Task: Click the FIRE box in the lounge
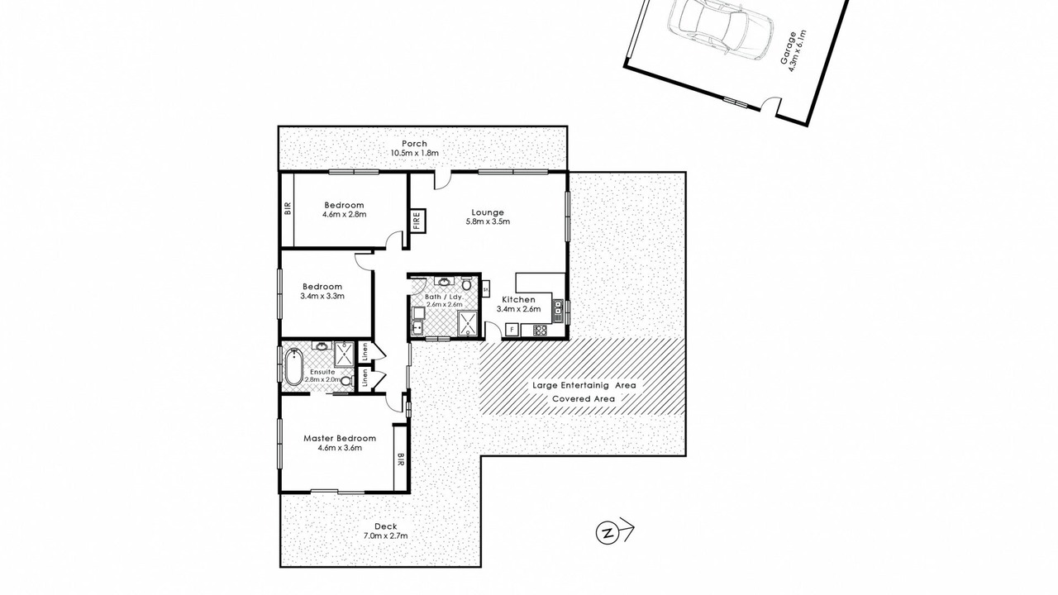pos(417,221)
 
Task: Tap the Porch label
pos(414,144)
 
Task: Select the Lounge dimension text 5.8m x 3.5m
pos(488,221)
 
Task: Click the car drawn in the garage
pos(720,29)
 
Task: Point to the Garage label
pos(788,48)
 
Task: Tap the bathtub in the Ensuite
pos(293,367)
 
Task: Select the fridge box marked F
pos(512,329)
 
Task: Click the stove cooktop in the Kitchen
pos(541,330)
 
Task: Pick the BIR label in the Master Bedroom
pos(401,459)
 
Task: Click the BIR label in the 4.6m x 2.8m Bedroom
pos(288,209)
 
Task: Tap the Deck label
pos(386,526)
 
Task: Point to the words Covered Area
pos(584,399)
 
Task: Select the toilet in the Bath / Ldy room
pos(467,284)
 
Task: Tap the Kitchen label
pos(518,300)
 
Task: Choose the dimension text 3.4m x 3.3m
pos(322,297)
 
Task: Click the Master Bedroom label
pos(340,439)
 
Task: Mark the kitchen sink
pos(558,309)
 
